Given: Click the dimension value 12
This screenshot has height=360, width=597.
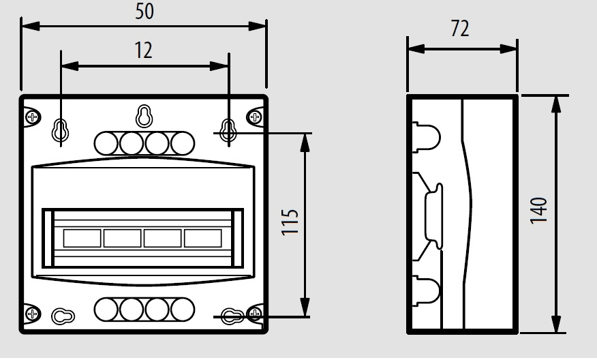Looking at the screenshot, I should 143,50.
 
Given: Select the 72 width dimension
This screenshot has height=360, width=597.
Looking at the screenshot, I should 461,29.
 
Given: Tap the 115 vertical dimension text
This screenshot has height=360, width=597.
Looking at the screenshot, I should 290,223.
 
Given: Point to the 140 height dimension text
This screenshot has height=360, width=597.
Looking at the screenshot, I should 539,211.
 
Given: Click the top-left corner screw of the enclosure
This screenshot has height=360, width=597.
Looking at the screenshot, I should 32,117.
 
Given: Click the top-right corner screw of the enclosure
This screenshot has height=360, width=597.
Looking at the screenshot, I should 255,117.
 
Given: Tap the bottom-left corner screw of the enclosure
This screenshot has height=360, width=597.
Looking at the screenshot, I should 32,314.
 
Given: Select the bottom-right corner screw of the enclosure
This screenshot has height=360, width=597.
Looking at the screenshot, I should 255,314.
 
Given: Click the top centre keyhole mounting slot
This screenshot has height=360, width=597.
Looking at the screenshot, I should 143,115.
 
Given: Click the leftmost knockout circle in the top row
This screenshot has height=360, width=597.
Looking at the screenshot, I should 106,142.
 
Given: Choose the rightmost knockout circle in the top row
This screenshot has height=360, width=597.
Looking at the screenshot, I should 183,142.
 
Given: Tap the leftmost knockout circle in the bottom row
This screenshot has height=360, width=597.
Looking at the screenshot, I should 106,310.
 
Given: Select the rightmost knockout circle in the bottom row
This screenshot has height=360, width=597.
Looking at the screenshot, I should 183,310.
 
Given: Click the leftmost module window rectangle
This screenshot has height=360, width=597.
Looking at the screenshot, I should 82,238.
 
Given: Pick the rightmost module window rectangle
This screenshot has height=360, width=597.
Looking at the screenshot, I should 203,238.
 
